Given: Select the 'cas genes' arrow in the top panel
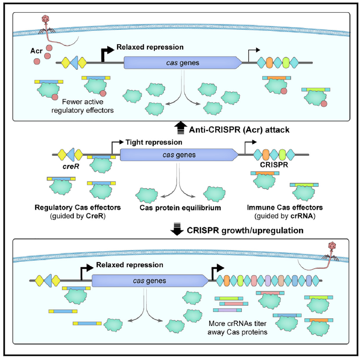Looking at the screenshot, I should [x=182, y=63].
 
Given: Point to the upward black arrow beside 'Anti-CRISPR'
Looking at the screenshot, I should [x=180, y=128].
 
